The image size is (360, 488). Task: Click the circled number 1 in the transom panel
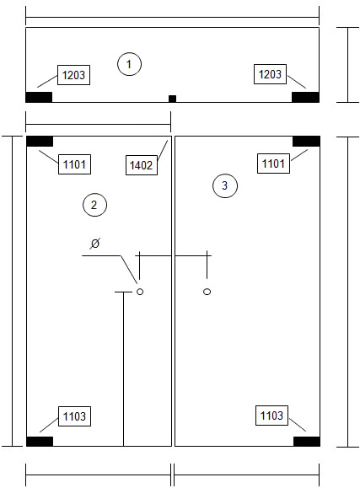pos(129,64)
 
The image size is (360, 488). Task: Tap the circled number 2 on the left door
pos(94,205)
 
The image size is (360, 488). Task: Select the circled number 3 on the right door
pos(225,185)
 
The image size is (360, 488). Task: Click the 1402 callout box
pos(142,165)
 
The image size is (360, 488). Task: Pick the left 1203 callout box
pos(74,75)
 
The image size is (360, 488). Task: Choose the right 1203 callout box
pos(270,74)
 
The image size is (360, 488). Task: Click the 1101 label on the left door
pos(74,164)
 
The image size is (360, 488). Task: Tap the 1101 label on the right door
pos(273,164)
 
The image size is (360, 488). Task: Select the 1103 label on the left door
pos(74,416)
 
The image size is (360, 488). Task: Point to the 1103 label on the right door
pos(271,416)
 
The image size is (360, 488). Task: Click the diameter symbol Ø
pos(94,243)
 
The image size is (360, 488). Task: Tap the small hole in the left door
pos(140,292)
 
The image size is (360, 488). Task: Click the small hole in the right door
pos(207,292)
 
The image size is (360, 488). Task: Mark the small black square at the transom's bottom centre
pos(172,99)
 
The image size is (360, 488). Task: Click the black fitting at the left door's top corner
pos(40,142)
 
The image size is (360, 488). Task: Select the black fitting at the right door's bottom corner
pos(306,442)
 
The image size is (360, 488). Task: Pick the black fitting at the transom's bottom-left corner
pos(39,97)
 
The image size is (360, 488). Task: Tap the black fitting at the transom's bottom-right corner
pos(305,97)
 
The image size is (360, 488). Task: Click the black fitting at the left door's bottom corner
pos(40,442)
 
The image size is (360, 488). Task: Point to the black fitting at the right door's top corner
pos(306,142)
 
